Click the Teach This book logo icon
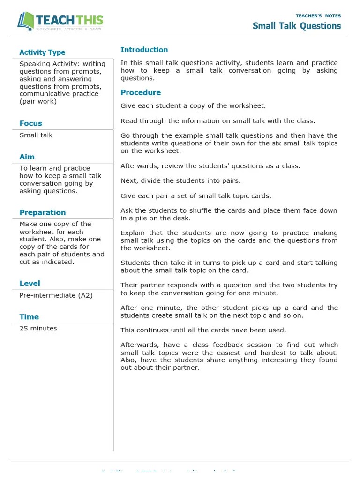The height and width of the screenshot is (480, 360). click(26, 21)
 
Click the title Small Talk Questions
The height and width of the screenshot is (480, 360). click(297, 26)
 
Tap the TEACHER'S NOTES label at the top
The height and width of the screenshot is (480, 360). click(318, 15)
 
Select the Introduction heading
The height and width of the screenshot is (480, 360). click(144, 50)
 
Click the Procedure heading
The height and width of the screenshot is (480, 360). click(141, 92)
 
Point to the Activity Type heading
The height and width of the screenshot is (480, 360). click(42, 52)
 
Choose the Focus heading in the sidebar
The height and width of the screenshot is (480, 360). click(30, 123)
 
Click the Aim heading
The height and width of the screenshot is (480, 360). click(27, 157)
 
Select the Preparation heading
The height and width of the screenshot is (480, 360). click(42, 212)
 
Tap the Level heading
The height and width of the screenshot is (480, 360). click(30, 283)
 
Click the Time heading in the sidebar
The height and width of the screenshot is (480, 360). click(29, 317)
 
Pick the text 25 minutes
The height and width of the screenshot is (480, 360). click(38, 328)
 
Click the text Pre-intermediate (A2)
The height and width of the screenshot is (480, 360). click(56, 295)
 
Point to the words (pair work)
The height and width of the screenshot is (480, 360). click(37, 101)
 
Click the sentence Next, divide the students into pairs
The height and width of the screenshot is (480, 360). click(180, 180)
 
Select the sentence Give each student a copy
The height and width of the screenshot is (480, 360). click(193, 106)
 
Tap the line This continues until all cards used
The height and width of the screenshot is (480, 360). click(203, 330)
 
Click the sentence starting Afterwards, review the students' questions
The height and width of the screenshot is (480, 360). click(210, 166)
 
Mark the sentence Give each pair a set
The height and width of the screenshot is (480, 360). click(196, 196)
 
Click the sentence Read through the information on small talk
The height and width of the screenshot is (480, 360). click(218, 121)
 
